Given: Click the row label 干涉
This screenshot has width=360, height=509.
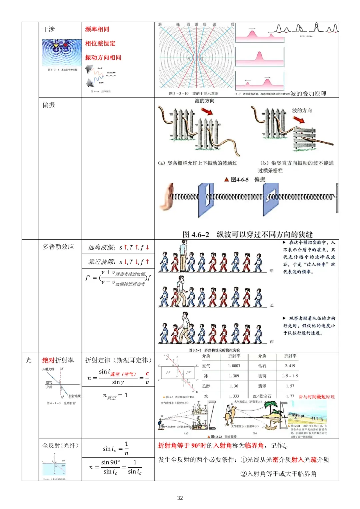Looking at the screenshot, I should [48, 29].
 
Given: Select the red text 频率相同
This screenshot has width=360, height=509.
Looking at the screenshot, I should [97, 29].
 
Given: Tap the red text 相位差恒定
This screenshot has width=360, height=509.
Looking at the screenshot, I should [100, 43].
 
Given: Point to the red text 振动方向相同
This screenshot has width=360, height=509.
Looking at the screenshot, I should [103, 57].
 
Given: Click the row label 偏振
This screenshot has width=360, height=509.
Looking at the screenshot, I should [48, 105].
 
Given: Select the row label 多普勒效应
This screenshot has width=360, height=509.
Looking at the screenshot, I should [58, 247].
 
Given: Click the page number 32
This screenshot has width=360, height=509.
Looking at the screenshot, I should [180, 498].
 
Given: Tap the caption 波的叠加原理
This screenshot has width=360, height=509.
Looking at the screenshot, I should [308, 94].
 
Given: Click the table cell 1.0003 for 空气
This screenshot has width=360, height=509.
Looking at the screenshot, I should [234, 366].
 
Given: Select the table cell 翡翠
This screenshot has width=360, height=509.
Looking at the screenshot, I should [262, 386].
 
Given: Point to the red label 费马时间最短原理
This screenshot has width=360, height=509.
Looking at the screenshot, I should [317, 397].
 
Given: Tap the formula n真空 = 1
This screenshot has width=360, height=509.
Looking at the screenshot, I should [115, 396].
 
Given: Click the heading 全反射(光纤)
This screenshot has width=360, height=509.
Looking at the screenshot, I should [60, 446].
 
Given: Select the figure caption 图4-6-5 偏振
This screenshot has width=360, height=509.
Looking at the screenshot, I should [245, 180].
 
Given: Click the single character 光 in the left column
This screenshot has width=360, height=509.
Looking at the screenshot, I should [28, 360].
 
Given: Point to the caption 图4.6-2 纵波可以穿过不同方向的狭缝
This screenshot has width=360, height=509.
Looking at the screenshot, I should [247, 234].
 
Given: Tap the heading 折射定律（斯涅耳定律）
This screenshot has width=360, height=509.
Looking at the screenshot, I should [118, 360].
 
